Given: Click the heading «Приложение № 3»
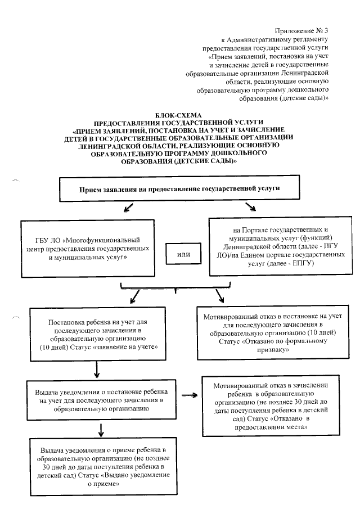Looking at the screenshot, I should pos(303,30).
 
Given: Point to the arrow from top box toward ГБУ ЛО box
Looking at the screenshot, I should pos(129,209).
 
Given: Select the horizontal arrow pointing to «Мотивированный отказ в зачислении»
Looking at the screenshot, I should pos(191,395).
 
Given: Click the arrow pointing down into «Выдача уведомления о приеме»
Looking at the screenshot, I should pos(102,429).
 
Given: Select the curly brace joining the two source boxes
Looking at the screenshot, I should pos(176,290).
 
